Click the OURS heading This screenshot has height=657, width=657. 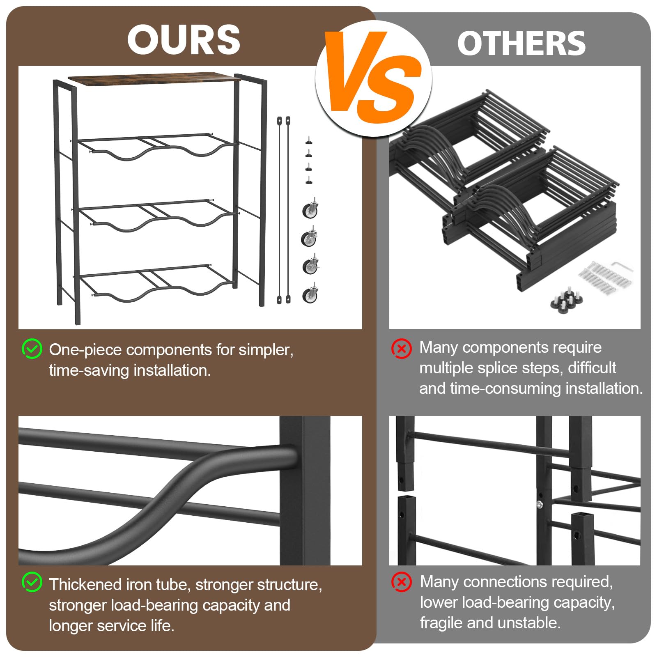coord(184,39)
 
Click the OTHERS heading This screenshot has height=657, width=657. coord(521,44)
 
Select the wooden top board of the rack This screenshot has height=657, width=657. coord(154,78)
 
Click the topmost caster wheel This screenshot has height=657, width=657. coord(310,209)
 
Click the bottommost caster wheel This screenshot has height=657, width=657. coord(310,294)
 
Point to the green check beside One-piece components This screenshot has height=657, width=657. coord(32,349)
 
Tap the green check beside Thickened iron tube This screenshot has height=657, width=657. coord(32,582)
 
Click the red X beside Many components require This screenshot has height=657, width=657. coord(401,349)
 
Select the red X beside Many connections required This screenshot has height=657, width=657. coord(401,582)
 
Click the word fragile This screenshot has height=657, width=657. coord(441,623)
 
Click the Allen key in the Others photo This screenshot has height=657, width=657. coord(622,267)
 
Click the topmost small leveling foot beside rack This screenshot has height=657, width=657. coord(309,141)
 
